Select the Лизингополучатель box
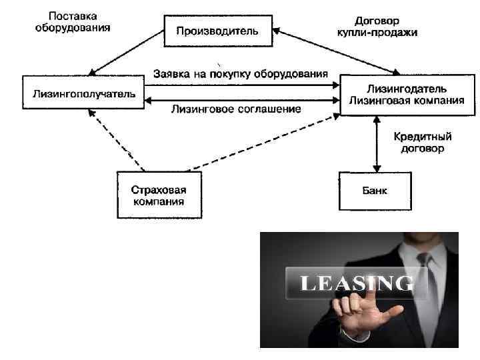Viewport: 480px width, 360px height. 83,94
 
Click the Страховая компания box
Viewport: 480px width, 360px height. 152,194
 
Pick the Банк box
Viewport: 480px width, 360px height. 375,191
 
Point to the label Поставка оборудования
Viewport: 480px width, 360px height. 73,22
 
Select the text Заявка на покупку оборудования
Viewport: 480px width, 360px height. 241,73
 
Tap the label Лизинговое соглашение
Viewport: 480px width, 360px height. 236,108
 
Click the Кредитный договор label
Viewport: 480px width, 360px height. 421,142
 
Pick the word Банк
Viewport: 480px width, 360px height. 375,191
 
